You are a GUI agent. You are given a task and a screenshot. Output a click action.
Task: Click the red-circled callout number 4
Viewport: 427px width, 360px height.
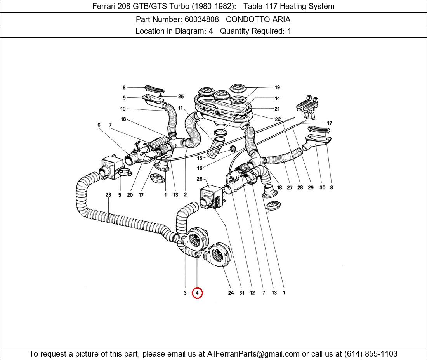point(197,293)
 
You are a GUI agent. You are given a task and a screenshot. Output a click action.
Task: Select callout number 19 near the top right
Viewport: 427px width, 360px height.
point(277,88)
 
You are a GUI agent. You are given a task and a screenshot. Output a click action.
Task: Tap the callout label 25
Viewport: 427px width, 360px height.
point(181,97)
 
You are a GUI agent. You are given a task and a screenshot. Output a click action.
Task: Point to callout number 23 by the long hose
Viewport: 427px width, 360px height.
point(108,195)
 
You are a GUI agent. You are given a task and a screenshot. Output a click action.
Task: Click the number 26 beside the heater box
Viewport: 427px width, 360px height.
point(200,179)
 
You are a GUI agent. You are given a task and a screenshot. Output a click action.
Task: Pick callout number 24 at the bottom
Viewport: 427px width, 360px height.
point(231,293)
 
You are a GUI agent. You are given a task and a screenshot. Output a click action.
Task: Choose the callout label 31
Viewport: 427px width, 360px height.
point(242,293)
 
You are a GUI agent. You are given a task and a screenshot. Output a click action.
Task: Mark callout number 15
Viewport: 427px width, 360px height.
point(200,158)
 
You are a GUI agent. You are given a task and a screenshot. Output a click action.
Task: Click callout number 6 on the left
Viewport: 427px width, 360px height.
point(99,125)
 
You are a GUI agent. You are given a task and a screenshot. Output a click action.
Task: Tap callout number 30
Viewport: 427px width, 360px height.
point(322,188)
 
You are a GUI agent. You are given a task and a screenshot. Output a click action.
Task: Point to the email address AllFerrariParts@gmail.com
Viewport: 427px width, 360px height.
point(253,354)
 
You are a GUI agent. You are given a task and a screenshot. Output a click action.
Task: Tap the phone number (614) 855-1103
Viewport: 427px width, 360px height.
point(371,354)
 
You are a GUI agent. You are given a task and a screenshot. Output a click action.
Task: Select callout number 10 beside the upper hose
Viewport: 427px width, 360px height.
point(123,109)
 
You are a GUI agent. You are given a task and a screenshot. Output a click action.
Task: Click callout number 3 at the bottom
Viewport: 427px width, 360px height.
point(185,293)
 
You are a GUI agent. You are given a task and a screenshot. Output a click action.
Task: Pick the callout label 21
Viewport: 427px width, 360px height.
point(277,109)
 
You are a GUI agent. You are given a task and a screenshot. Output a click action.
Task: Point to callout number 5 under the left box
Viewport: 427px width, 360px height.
point(120,195)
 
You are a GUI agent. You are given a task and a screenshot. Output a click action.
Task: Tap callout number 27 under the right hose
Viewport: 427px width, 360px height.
point(290,188)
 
